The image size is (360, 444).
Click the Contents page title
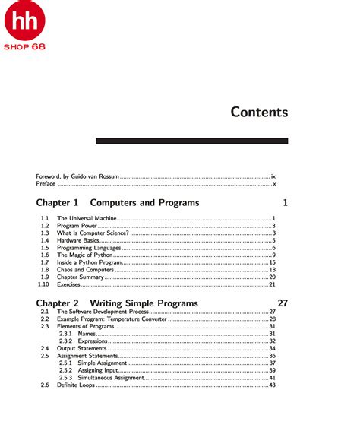click(259, 112)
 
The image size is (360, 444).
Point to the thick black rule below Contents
click(191, 141)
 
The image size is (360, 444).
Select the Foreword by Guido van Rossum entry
click(77, 176)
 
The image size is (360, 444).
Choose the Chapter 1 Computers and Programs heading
click(117, 203)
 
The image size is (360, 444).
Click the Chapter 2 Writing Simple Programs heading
click(117, 303)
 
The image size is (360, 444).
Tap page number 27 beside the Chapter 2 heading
click(283, 303)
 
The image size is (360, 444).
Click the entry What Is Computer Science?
click(91, 233)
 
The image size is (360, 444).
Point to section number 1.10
click(43, 284)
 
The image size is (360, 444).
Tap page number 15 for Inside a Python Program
click(271, 262)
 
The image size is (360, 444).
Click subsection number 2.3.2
click(65, 341)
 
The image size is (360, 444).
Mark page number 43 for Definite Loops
click(271, 385)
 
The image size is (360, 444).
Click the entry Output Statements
click(81, 348)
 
